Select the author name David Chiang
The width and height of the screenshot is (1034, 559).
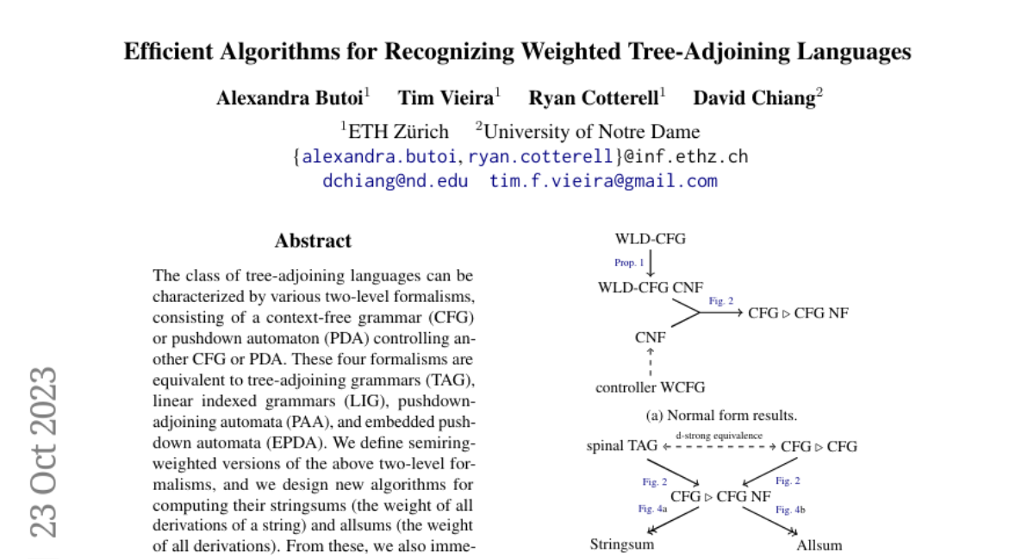coord(754,97)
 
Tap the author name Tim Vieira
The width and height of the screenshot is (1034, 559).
coord(445,97)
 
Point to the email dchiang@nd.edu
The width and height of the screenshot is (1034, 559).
coord(396,181)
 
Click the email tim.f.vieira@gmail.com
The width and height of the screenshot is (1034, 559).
coord(603,181)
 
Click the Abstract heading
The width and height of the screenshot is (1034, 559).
coord(313,241)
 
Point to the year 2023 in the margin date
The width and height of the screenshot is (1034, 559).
coord(43,410)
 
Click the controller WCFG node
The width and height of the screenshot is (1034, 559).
coord(650,388)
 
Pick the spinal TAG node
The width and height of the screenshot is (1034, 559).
coord(621,446)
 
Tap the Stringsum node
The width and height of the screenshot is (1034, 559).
coord(622,544)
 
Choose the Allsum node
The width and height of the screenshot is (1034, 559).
coord(819,544)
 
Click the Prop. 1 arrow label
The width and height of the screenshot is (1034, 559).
coord(629,262)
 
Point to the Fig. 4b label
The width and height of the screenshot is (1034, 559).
coord(790,510)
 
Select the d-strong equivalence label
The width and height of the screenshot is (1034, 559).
coord(719,436)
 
